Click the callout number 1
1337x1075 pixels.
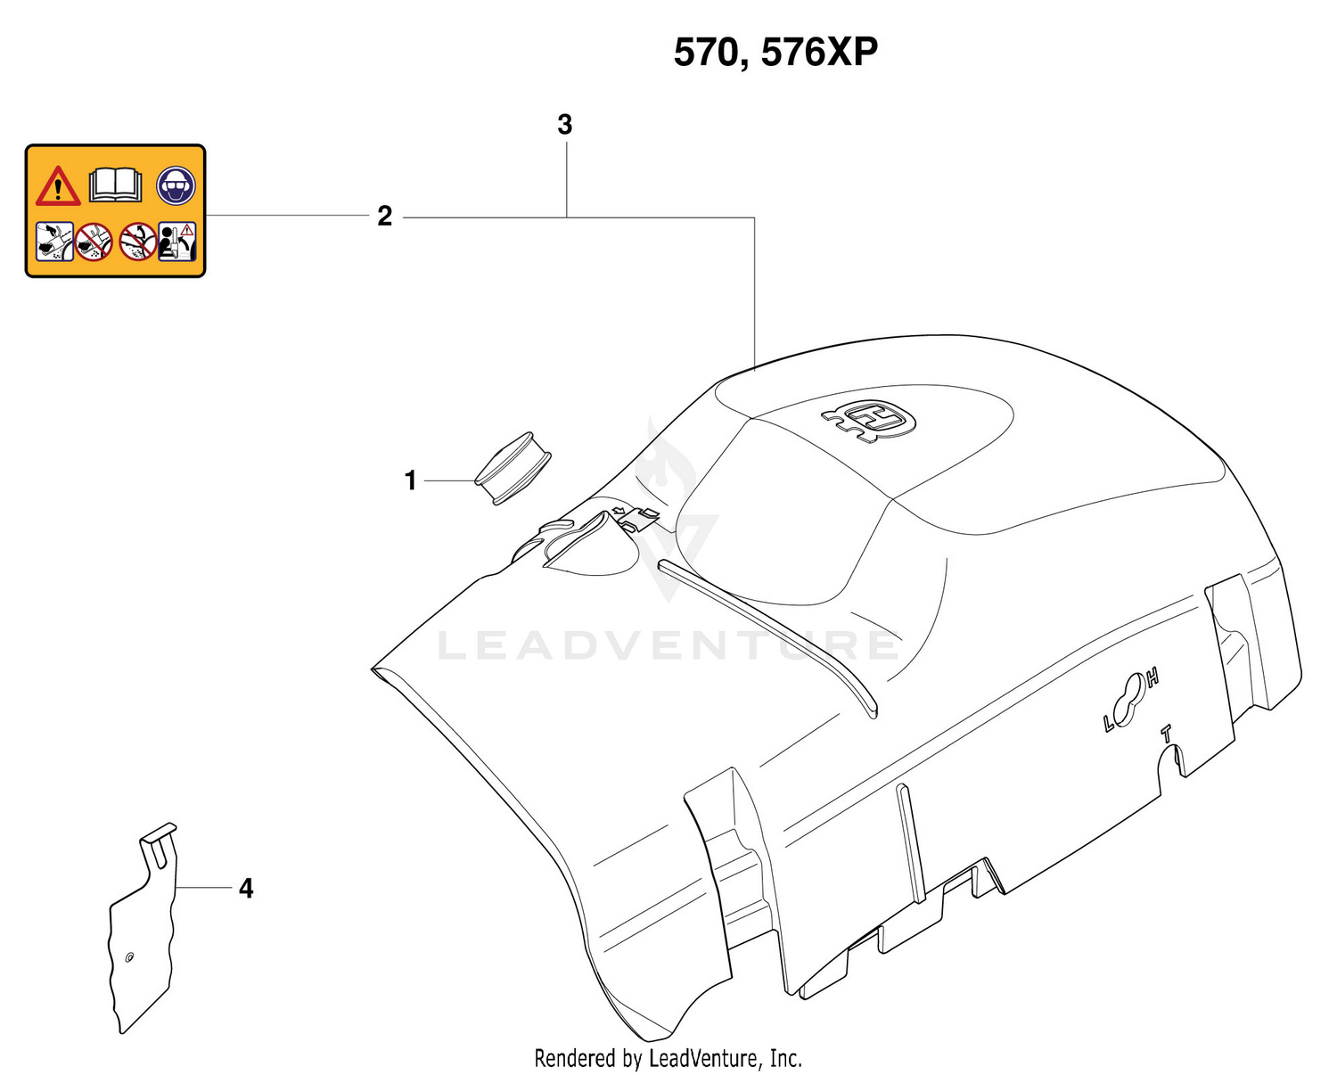410,481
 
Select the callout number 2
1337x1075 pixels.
384,217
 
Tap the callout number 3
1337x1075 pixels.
564,124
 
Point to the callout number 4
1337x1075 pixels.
246,889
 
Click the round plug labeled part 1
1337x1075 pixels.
513,469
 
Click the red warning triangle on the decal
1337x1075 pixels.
58,185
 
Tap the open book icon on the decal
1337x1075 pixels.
116,185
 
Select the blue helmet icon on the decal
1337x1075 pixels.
176,185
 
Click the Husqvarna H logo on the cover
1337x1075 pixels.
869,420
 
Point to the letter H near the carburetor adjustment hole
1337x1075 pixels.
1153,679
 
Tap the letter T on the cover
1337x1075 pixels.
1166,734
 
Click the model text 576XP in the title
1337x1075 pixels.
819,53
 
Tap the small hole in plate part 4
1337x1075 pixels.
129,957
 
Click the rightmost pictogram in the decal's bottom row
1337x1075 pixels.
177,242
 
